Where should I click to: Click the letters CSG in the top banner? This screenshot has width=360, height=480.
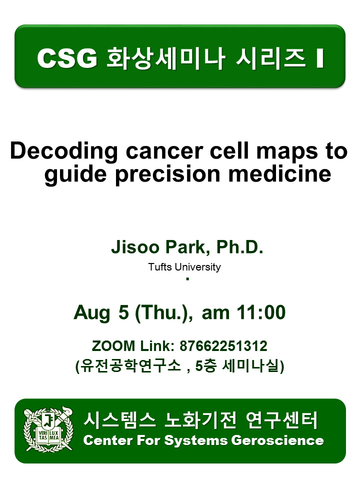tap(67, 58)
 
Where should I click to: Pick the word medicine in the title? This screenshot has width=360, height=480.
tap(280, 173)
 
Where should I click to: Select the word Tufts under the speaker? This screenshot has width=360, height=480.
tap(160, 267)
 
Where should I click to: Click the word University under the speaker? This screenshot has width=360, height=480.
tap(198, 267)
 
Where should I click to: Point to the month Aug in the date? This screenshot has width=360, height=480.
tap(92, 313)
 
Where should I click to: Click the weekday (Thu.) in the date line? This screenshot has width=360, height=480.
tap(164, 313)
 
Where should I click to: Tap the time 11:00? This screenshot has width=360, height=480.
tap(261, 312)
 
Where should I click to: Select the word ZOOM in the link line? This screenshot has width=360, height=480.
tap(113, 346)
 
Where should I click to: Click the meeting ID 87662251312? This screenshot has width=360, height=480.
tap(223, 346)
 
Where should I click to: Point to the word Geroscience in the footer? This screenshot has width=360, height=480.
tap(277, 440)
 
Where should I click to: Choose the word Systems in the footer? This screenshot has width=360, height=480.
tap(196, 441)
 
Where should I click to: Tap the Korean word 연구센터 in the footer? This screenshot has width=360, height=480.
tap(281, 420)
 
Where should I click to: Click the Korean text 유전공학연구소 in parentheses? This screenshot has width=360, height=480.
tap(130, 365)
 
